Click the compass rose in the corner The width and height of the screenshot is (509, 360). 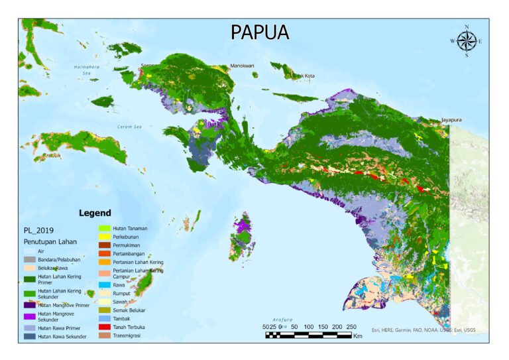click(x=467, y=41)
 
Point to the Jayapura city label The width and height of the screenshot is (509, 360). click(x=451, y=120)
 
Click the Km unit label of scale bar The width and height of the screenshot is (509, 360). click(x=358, y=336)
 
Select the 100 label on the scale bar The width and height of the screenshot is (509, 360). click(x=309, y=327)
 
